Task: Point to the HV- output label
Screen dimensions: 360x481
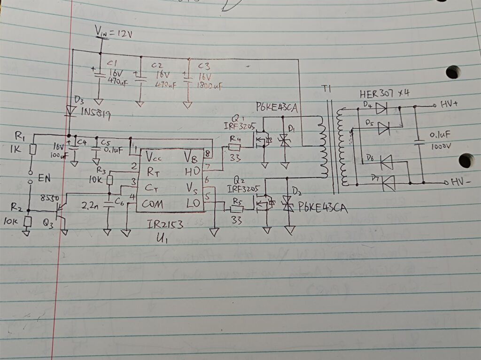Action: pyautogui.click(x=459, y=182)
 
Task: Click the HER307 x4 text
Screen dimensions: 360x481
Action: pyautogui.click(x=384, y=93)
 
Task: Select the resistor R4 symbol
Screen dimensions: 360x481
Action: pyautogui.click(x=235, y=147)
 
